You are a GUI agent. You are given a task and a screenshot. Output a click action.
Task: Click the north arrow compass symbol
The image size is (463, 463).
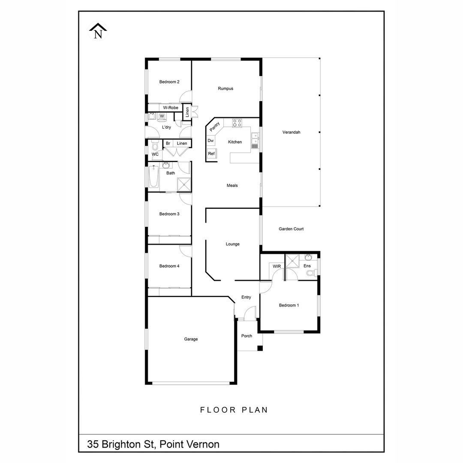(x=98, y=31)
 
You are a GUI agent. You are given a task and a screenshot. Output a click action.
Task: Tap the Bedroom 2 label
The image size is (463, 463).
(x=169, y=82)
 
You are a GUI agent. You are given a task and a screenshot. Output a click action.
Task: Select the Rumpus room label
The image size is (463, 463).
(x=225, y=88)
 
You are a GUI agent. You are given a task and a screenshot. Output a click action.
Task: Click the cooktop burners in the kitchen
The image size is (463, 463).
(x=237, y=123)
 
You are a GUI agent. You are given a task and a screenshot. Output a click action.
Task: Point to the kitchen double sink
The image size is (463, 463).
(x=255, y=141)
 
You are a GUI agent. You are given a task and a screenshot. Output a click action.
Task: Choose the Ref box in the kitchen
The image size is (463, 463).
(x=211, y=153)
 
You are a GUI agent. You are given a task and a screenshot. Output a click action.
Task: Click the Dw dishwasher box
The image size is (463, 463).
(x=210, y=141)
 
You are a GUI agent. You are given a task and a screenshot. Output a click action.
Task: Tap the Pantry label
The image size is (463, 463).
(x=215, y=126)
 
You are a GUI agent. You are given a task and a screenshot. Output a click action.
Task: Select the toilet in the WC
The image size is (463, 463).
(x=155, y=146)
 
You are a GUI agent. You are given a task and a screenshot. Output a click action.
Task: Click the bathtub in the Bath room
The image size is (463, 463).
(x=153, y=176)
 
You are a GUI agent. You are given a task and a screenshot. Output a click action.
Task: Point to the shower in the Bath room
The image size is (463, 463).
(x=183, y=184)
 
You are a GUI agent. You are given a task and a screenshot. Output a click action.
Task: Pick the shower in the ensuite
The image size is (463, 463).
(x=292, y=261)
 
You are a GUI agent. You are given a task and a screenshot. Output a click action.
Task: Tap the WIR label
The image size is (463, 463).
(x=277, y=266)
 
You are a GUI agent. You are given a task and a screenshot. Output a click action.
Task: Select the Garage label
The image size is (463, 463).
(x=191, y=339)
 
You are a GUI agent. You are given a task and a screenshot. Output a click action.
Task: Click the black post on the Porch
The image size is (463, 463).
(x=260, y=348)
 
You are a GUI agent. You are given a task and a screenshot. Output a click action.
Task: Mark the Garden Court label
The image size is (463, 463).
(x=291, y=229)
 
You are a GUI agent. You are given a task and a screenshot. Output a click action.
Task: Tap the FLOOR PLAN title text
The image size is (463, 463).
(x=234, y=410)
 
